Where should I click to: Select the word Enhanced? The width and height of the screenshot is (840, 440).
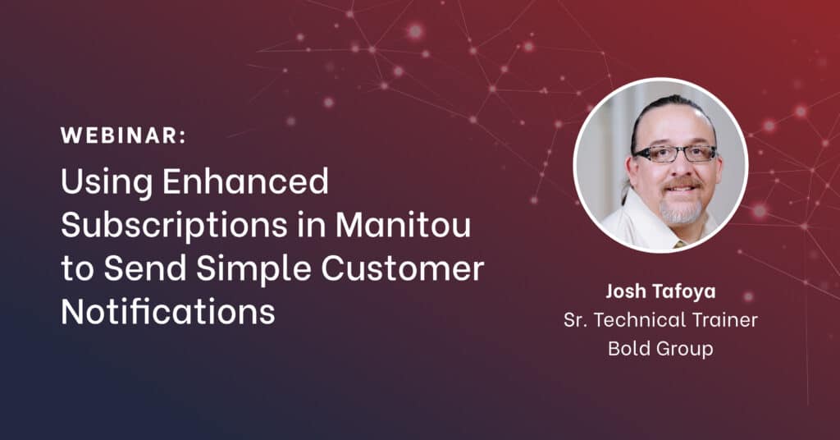pyautogui.click(x=245, y=181)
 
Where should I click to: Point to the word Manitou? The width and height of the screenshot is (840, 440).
pyautogui.click(x=403, y=225)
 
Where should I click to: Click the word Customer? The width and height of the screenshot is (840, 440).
pyautogui.click(x=402, y=268)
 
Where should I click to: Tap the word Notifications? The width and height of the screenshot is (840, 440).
pyautogui.click(x=168, y=311)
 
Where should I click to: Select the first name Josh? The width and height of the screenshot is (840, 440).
pyautogui.click(x=624, y=291)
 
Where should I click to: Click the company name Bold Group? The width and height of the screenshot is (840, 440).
pyautogui.click(x=660, y=348)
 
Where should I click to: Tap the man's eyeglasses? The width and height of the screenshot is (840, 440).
pyautogui.click(x=675, y=154)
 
